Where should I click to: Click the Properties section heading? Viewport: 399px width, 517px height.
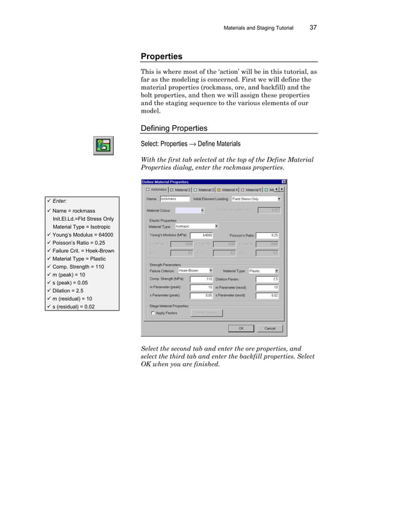coord(161,56)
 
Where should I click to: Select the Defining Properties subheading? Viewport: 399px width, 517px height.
coord(174,128)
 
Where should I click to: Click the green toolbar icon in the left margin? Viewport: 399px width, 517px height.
coord(103,146)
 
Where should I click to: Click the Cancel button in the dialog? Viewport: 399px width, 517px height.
coord(270,328)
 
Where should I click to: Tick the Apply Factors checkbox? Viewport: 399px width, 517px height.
coord(153,313)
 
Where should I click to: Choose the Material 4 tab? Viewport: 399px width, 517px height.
coord(228,190)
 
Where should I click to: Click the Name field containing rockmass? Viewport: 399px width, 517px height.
coord(174,198)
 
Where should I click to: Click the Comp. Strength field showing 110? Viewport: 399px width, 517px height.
coord(202,279)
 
